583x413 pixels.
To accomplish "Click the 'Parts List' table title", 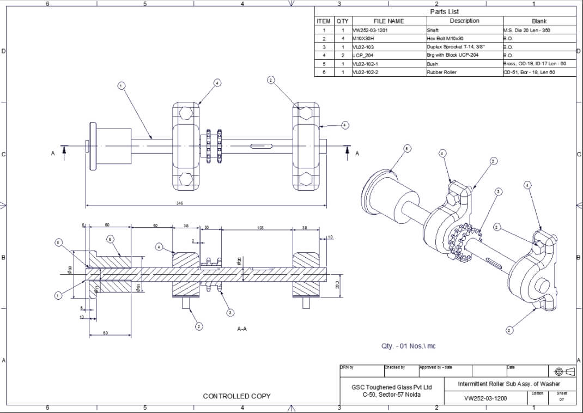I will [x=445, y=11].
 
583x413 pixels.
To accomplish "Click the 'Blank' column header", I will [x=538, y=21].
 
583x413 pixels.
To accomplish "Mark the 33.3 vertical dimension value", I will [x=337, y=285].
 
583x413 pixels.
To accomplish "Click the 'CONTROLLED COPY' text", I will [x=236, y=396].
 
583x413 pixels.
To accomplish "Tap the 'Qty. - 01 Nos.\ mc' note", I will [x=408, y=346].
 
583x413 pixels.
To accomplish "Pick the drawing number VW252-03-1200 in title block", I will [x=485, y=398].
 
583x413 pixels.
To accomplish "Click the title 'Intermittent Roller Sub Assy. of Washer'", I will [x=509, y=384].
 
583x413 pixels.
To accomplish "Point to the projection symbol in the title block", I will [x=564, y=372].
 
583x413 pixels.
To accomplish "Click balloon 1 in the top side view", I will [x=121, y=86].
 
